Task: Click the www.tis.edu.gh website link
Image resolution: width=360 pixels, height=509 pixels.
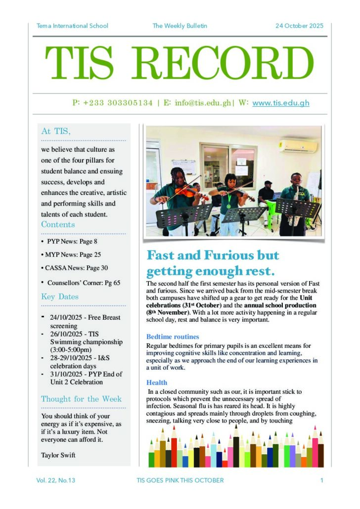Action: pyautogui.click(x=281, y=103)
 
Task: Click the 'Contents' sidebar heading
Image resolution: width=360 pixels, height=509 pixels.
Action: pyautogui.click(x=58, y=225)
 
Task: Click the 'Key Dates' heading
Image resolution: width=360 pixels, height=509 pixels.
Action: pyautogui.click(x=59, y=297)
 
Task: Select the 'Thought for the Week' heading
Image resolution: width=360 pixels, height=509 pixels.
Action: pyautogui.click(x=81, y=399)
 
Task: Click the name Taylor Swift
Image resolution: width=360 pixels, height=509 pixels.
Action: pyautogui.click(x=58, y=455)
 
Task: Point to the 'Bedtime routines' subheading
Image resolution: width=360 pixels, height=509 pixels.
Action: pyautogui.click(x=173, y=337)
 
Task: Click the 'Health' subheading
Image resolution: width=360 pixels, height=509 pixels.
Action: pyautogui.click(x=157, y=382)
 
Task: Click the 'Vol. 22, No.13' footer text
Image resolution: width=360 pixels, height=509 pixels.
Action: pyautogui.click(x=55, y=480)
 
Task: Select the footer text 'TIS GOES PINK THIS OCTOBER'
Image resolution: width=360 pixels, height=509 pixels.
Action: pyautogui.click(x=180, y=480)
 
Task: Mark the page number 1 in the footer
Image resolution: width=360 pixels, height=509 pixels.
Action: pyautogui.click(x=321, y=480)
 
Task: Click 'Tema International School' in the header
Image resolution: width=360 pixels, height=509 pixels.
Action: pyautogui.click(x=72, y=26)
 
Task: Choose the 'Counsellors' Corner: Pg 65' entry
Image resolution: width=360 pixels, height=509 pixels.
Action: pyautogui.click(x=84, y=283)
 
